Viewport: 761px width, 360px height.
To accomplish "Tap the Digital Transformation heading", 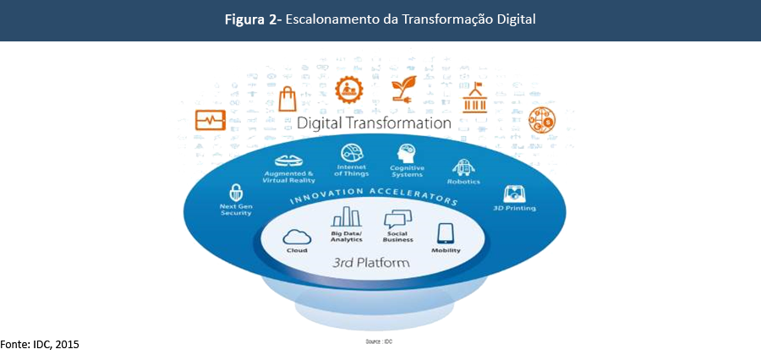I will pyautogui.click(x=374, y=123).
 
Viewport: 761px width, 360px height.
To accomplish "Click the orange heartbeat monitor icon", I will pyautogui.click(x=210, y=120).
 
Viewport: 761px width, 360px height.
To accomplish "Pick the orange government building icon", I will pyautogui.click(x=472, y=98).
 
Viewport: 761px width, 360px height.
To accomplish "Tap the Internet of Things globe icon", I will pyautogui.click(x=351, y=153).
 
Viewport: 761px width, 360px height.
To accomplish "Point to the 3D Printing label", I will pyautogui.click(x=515, y=208).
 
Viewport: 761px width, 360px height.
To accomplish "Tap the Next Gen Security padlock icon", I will pyautogui.click(x=236, y=193).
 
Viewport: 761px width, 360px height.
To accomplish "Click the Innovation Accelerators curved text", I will pyautogui.click(x=374, y=197).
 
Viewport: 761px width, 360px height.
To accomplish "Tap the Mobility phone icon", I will pyautogui.click(x=446, y=233).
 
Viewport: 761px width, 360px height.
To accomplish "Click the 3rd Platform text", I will pyautogui.click(x=372, y=263).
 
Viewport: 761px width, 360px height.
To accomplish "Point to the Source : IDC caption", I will pyautogui.click(x=380, y=342).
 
